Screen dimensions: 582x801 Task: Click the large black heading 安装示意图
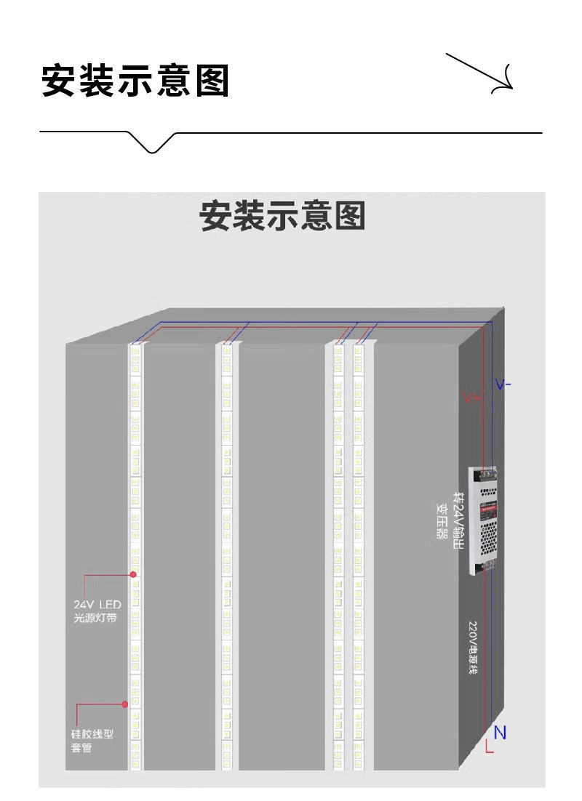pos(135,80)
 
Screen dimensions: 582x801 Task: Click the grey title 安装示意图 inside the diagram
pos(282,217)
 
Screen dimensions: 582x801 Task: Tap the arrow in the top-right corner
pos(481,73)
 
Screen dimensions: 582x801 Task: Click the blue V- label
pos(503,384)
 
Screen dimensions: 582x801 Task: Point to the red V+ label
pos(471,398)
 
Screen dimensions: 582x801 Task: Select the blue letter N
pos(500,733)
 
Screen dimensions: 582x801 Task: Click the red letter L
pos(489,746)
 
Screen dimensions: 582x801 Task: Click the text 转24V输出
pos(458,520)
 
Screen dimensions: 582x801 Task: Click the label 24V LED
pos(97,604)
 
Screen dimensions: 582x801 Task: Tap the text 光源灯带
pos(95,619)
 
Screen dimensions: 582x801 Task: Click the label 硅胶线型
pos(92,734)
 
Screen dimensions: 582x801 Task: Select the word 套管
pos(81,748)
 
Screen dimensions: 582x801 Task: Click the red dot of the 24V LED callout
pos(134,574)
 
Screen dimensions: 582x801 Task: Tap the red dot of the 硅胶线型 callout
pos(125,704)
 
